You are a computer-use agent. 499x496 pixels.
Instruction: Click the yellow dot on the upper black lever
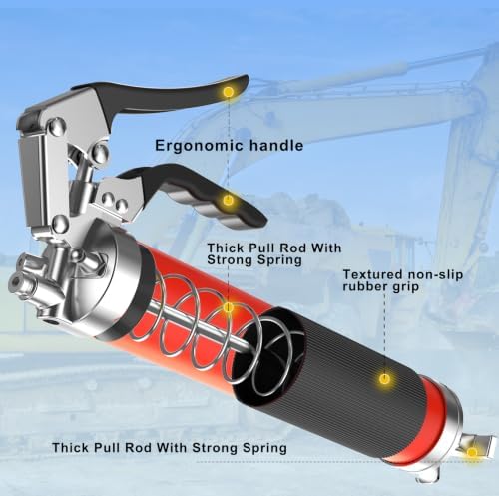pyautogui.click(x=228, y=92)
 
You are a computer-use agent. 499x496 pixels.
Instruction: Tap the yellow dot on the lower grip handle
pyautogui.click(x=228, y=200)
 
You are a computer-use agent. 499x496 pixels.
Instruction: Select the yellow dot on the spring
pyautogui.click(x=228, y=308)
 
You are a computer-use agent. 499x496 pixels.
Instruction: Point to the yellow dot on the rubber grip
pyautogui.click(x=384, y=378)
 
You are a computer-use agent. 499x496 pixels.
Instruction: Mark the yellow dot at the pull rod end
pyautogui.click(x=472, y=452)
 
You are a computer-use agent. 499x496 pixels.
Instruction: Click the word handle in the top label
pyautogui.click(x=276, y=145)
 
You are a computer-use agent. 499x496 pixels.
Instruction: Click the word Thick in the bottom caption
pyautogui.click(x=71, y=447)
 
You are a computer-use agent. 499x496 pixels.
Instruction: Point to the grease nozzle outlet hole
pyautogui.click(x=16, y=283)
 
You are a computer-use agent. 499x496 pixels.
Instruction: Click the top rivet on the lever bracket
pyautogui.click(x=57, y=127)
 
